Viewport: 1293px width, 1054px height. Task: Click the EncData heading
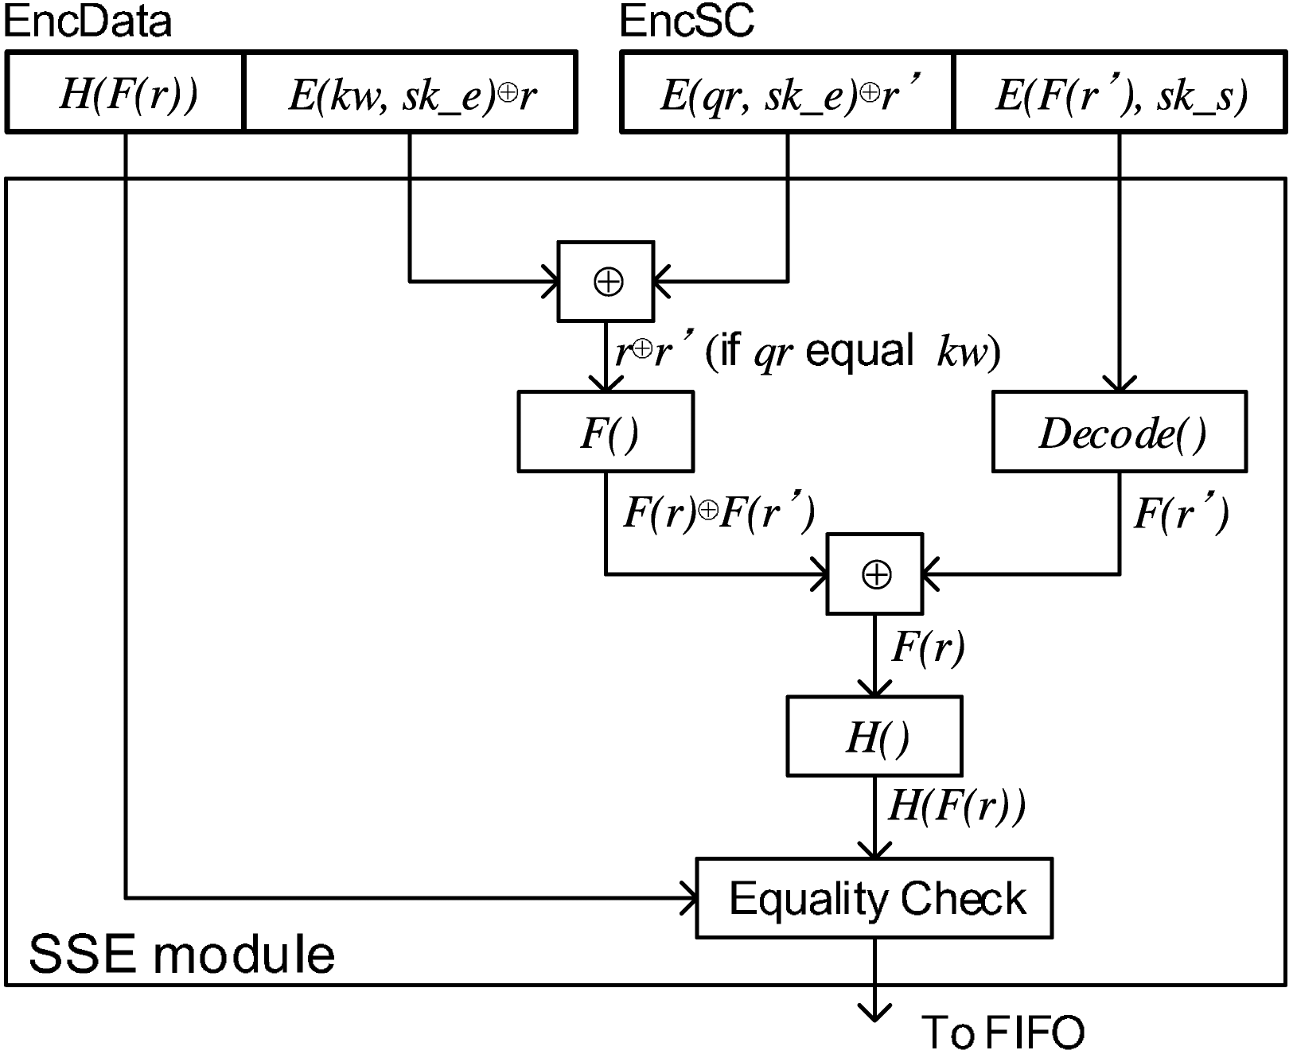click(x=88, y=21)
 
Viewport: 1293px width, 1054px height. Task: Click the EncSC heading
click(x=687, y=21)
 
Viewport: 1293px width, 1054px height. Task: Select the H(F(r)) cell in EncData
click(x=125, y=92)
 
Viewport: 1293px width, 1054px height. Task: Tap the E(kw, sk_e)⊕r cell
click(x=411, y=92)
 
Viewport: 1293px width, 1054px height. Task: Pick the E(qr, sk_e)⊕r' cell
click(x=786, y=92)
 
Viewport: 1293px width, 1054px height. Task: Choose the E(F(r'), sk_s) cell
click(x=1120, y=92)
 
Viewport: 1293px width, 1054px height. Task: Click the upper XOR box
click(x=606, y=282)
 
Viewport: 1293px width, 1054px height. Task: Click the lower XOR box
click(x=874, y=574)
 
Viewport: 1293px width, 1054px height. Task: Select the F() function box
click(x=606, y=432)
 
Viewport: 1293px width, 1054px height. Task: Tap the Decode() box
click(x=1120, y=432)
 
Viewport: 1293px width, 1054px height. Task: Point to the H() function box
click(x=874, y=737)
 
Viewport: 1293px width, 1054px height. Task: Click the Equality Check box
click(x=874, y=898)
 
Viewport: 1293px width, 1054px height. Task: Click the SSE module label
click(x=181, y=954)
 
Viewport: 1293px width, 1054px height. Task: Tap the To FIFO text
click(x=1003, y=1032)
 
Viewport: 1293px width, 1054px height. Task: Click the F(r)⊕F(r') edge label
click(x=719, y=513)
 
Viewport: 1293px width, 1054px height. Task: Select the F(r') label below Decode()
click(x=1181, y=513)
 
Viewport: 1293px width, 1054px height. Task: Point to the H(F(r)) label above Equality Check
click(x=956, y=805)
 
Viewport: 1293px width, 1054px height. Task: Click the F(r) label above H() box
click(x=928, y=646)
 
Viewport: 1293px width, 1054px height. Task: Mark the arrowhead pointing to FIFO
click(x=874, y=1014)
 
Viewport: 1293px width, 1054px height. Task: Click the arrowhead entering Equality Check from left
click(x=691, y=898)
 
